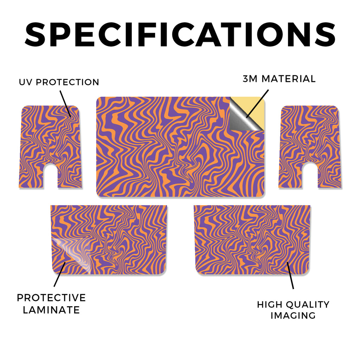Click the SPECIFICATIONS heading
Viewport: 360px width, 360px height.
180,34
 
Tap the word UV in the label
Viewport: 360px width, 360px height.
26,82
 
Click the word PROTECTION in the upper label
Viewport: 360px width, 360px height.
67,82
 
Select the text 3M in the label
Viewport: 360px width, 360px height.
250,79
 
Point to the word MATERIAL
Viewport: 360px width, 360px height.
289,79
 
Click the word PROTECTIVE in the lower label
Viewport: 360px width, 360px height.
51,298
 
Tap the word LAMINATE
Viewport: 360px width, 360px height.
51,310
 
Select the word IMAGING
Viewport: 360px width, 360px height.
293,315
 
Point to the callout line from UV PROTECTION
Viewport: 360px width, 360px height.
65,104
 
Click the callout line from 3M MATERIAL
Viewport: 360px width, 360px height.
257,104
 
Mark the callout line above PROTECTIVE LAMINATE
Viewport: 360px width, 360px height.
60,274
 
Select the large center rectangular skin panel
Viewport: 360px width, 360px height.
180,147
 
